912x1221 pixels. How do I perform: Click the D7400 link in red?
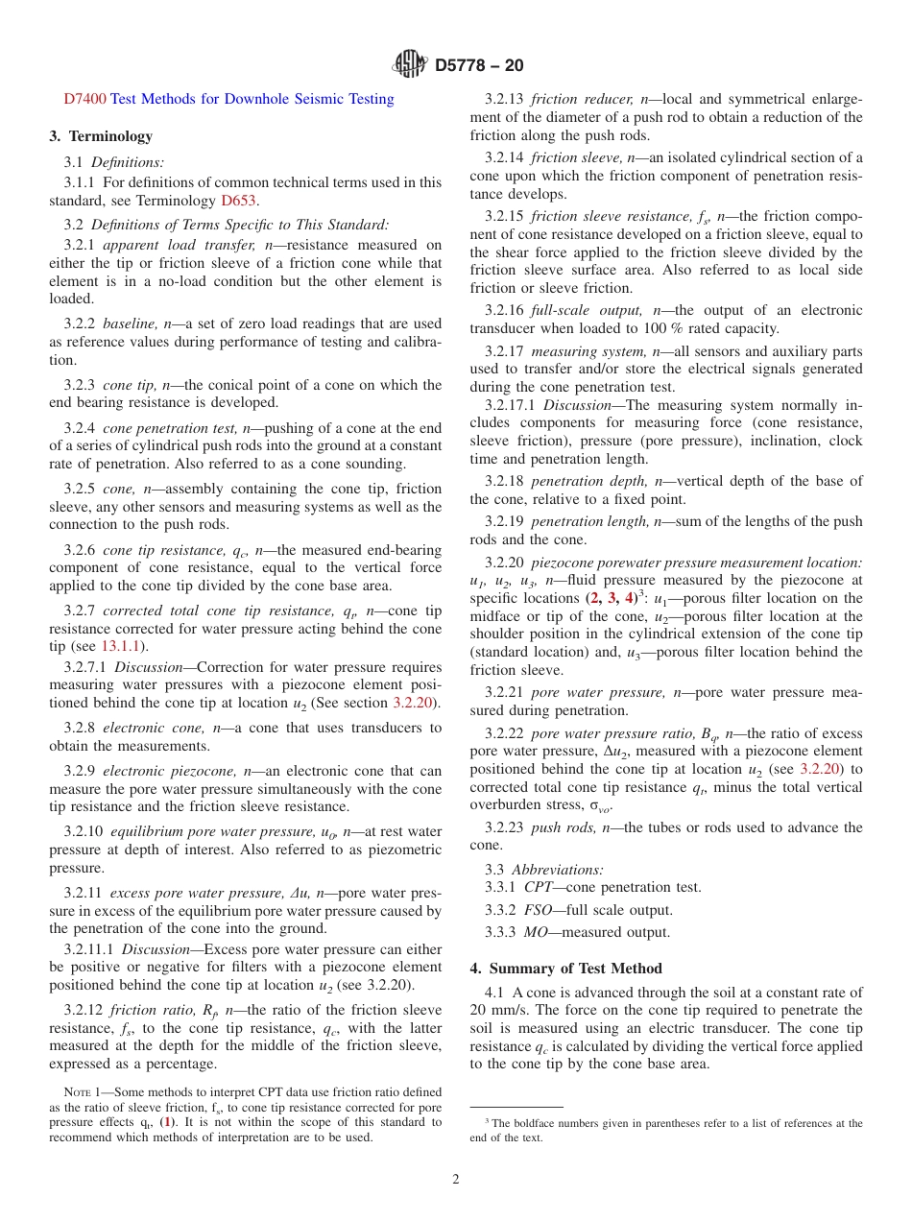[84, 99]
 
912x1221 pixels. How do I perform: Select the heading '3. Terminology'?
[101, 136]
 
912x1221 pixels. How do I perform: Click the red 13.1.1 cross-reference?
[119, 646]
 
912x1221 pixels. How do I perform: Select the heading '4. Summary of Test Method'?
[565, 969]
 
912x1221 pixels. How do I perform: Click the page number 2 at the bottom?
[456, 1180]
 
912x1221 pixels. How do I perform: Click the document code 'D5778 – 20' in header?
[479, 65]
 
